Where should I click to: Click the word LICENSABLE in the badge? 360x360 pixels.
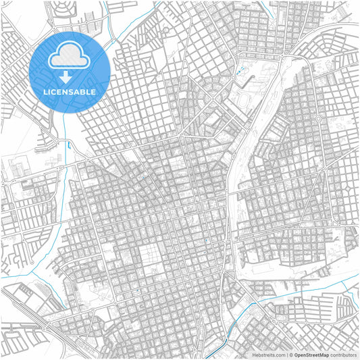click(x=70, y=91)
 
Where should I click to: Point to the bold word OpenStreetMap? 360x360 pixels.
click(x=312, y=355)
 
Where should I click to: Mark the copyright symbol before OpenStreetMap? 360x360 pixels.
click(x=291, y=355)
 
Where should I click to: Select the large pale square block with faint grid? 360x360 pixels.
click(x=151, y=257)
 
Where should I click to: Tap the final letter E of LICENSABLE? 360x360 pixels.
click(x=94, y=91)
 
